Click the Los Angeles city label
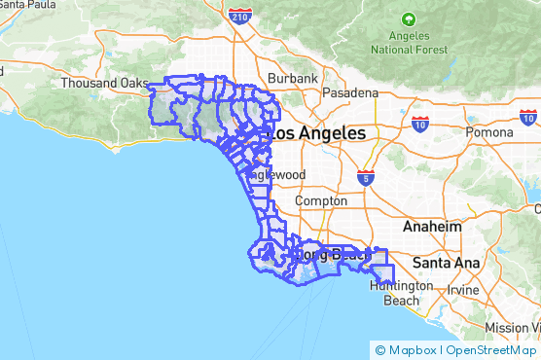pyautogui.click(x=318, y=133)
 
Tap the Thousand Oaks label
pyautogui.click(x=102, y=84)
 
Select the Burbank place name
pyautogui.click(x=293, y=78)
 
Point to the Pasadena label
pyautogui.click(x=352, y=93)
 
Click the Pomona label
pyautogui.click(x=488, y=131)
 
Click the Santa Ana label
pyautogui.click(x=444, y=263)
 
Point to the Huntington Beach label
pyautogui.click(x=394, y=294)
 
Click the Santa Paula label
pyautogui.click(x=25, y=4)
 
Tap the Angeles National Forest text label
pyautogui.click(x=410, y=42)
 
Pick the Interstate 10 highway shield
pyautogui.click(x=420, y=124)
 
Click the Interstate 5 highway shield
pyautogui.click(x=365, y=178)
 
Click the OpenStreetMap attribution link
pyautogui.click(x=492, y=350)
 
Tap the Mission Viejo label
pyautogui.click(x=514, y=328)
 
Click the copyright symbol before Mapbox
pyautogui.click(x=379, y=350)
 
